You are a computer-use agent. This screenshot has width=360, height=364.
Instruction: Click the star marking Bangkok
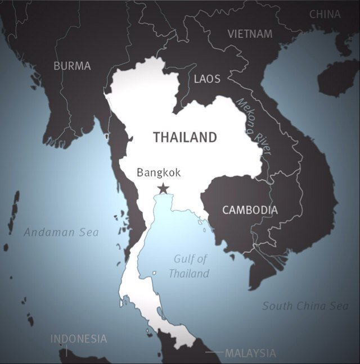(163, 188)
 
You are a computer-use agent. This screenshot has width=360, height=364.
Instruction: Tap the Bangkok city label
(159, 172)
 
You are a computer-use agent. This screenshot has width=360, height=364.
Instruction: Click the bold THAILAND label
(184, 137)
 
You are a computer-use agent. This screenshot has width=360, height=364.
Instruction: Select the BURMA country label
(72, 66)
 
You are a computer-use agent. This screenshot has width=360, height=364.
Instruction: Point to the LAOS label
(207, 79)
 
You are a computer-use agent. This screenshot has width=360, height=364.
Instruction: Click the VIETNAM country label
(250, 34)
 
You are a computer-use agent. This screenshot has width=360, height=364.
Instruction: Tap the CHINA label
(325, 14)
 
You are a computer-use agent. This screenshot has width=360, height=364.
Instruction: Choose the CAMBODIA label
(250, 210)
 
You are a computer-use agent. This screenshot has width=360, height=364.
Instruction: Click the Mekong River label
(254, 126)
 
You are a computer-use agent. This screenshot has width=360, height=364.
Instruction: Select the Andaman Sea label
(61, 232)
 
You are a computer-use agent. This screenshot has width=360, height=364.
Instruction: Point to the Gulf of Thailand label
(189, 266)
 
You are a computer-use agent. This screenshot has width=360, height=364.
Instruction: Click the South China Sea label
(305, 306)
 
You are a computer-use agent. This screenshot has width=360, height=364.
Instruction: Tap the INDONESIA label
(78, 339)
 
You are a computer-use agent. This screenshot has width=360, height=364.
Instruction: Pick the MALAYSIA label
(250, 353)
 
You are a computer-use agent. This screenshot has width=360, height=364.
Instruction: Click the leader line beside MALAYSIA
(214, 353)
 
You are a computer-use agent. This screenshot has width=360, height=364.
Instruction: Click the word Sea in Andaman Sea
(89, 232)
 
